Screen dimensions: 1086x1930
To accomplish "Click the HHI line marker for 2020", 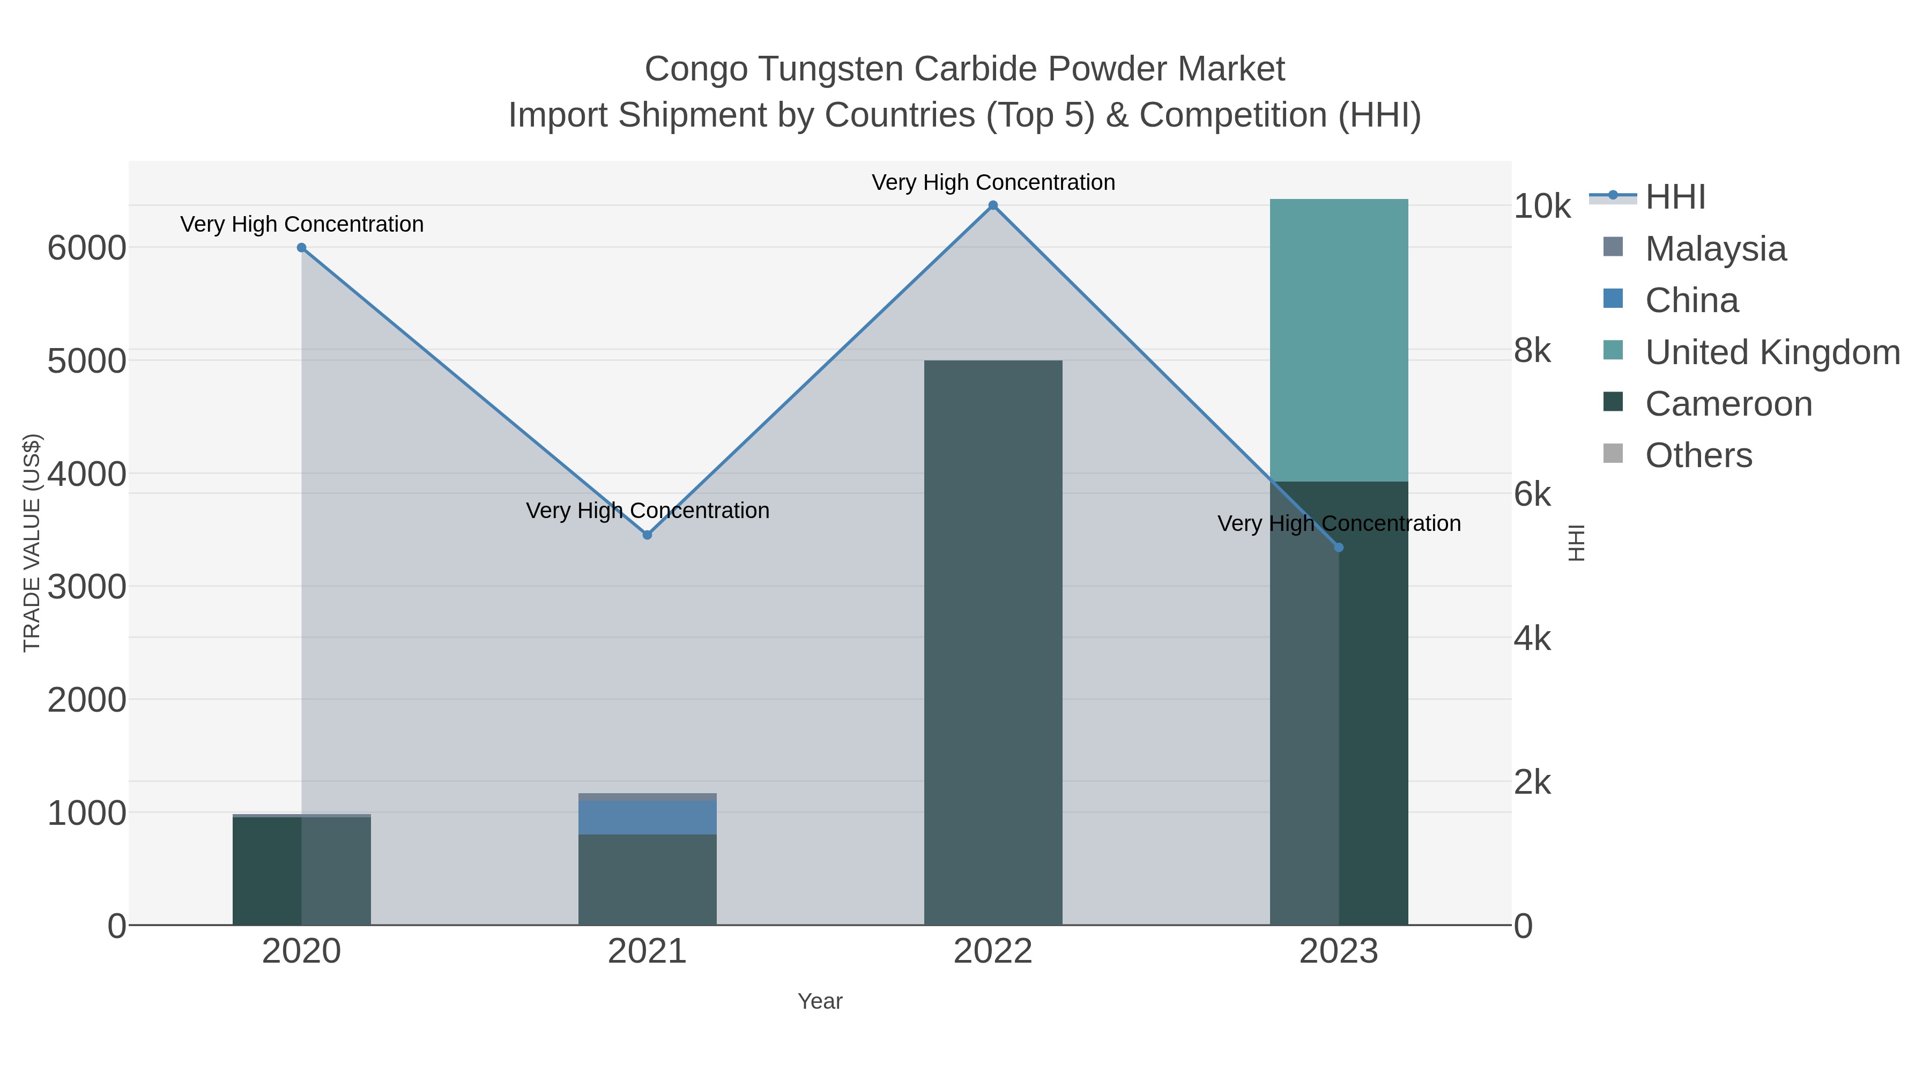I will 301,247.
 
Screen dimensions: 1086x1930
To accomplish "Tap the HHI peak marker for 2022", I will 993,205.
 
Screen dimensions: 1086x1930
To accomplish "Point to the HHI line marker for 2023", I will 1339,548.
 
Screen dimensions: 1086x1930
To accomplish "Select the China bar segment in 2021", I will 647,817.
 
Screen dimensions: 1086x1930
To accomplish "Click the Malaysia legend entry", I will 1715,248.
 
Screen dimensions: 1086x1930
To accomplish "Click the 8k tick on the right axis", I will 1532,350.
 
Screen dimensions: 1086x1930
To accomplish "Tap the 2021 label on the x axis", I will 647,952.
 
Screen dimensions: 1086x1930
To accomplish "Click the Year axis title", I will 820,1001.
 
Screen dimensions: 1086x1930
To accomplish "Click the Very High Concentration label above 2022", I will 993,182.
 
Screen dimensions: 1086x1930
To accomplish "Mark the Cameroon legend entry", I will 1728,403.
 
